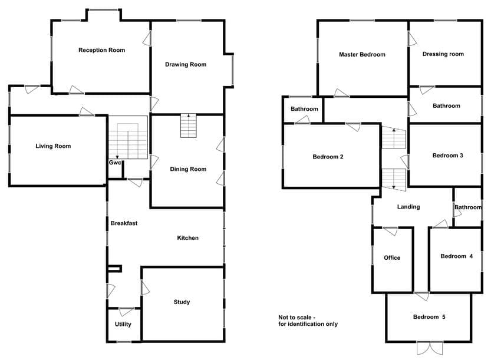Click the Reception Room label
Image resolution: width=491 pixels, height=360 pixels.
[101, 50]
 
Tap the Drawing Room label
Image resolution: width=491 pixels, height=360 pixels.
[186, 64]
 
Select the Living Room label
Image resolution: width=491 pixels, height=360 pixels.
[53, 146]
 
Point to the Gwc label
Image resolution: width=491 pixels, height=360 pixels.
[115, 163]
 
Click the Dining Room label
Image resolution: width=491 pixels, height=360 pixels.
[188, 169]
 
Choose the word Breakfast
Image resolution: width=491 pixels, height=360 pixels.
[124, 223]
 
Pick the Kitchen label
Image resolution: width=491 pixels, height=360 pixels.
[188, 238]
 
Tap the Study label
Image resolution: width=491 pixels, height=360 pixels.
[182, 302]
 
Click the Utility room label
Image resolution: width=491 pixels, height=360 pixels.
[123, 324]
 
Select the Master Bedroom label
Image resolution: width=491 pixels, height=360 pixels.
[362, 54]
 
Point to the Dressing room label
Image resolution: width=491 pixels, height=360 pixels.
[443, 54]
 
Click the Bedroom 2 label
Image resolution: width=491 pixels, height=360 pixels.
[328, 157]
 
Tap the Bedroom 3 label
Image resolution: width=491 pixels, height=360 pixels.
[448, 156]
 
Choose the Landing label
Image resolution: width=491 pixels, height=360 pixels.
[408, 207]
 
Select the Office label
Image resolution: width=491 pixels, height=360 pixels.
[392, 257]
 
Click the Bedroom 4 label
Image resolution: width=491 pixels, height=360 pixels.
[457, 256]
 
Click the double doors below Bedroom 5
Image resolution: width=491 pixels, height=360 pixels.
[430, 348]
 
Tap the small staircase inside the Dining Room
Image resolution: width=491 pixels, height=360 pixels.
[189, 125]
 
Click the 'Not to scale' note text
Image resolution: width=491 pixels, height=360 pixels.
[308, 321]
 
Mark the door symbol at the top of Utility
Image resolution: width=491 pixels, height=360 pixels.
[126, 312]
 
